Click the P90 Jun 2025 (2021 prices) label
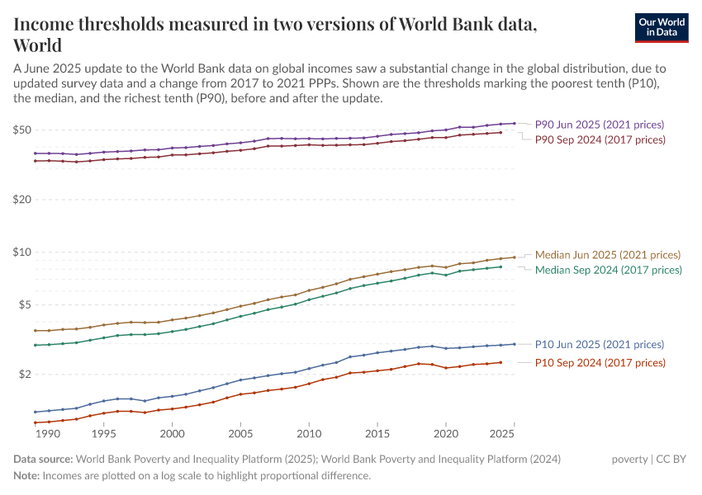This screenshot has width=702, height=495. (599, 125)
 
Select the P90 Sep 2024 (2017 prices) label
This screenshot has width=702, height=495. (600, 140)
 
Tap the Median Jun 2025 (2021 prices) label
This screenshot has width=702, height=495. (608, 255)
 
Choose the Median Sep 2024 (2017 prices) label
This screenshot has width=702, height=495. (609, 270)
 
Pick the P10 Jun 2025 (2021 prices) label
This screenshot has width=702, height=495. (600, 345)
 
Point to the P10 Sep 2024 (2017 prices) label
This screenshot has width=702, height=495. (600, 363)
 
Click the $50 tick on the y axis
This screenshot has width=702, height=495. (22, 130)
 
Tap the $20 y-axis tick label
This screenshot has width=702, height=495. (22, 200)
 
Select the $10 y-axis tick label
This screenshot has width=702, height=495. (22, 252)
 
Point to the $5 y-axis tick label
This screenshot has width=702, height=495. (25, 305)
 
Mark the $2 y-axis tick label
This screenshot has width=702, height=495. (25, 375)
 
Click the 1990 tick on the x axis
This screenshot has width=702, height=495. (48, 433)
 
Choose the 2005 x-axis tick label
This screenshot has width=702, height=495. (240, 433)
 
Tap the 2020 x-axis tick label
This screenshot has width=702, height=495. (446, 433)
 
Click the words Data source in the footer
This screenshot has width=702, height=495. (43, 460)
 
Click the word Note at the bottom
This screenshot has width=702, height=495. (26, 476)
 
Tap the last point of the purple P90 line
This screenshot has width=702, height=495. (515, 124)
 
